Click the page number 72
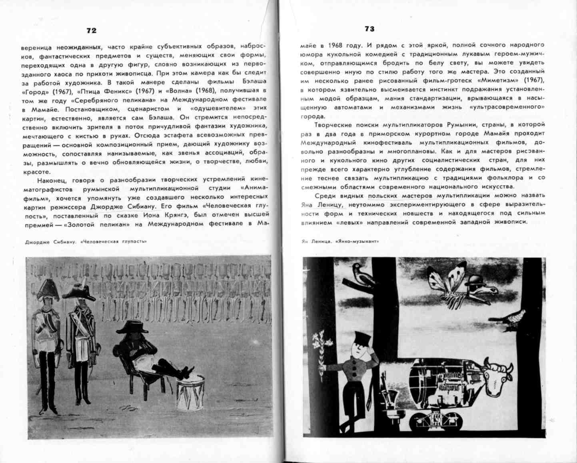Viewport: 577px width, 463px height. point(92,31)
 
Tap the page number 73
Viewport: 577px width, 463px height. point(369,29)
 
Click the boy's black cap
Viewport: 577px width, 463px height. point(360,337)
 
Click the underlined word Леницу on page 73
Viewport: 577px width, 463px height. point(329,204)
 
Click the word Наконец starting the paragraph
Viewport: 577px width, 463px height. point(50,180)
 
